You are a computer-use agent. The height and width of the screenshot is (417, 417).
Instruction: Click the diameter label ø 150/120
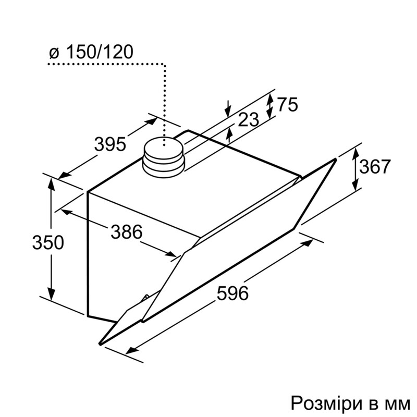tap(91, 52)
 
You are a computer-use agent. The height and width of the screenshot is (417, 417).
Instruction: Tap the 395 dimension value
tap(110, 144)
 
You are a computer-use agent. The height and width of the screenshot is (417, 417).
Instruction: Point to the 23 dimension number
tap(248, 120)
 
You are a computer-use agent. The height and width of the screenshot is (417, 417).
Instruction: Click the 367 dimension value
tap(375, 167)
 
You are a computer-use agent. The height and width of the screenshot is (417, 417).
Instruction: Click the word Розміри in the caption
tap(324, 402)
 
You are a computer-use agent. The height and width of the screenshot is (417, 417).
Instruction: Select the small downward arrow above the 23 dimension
tap(228, 111)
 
